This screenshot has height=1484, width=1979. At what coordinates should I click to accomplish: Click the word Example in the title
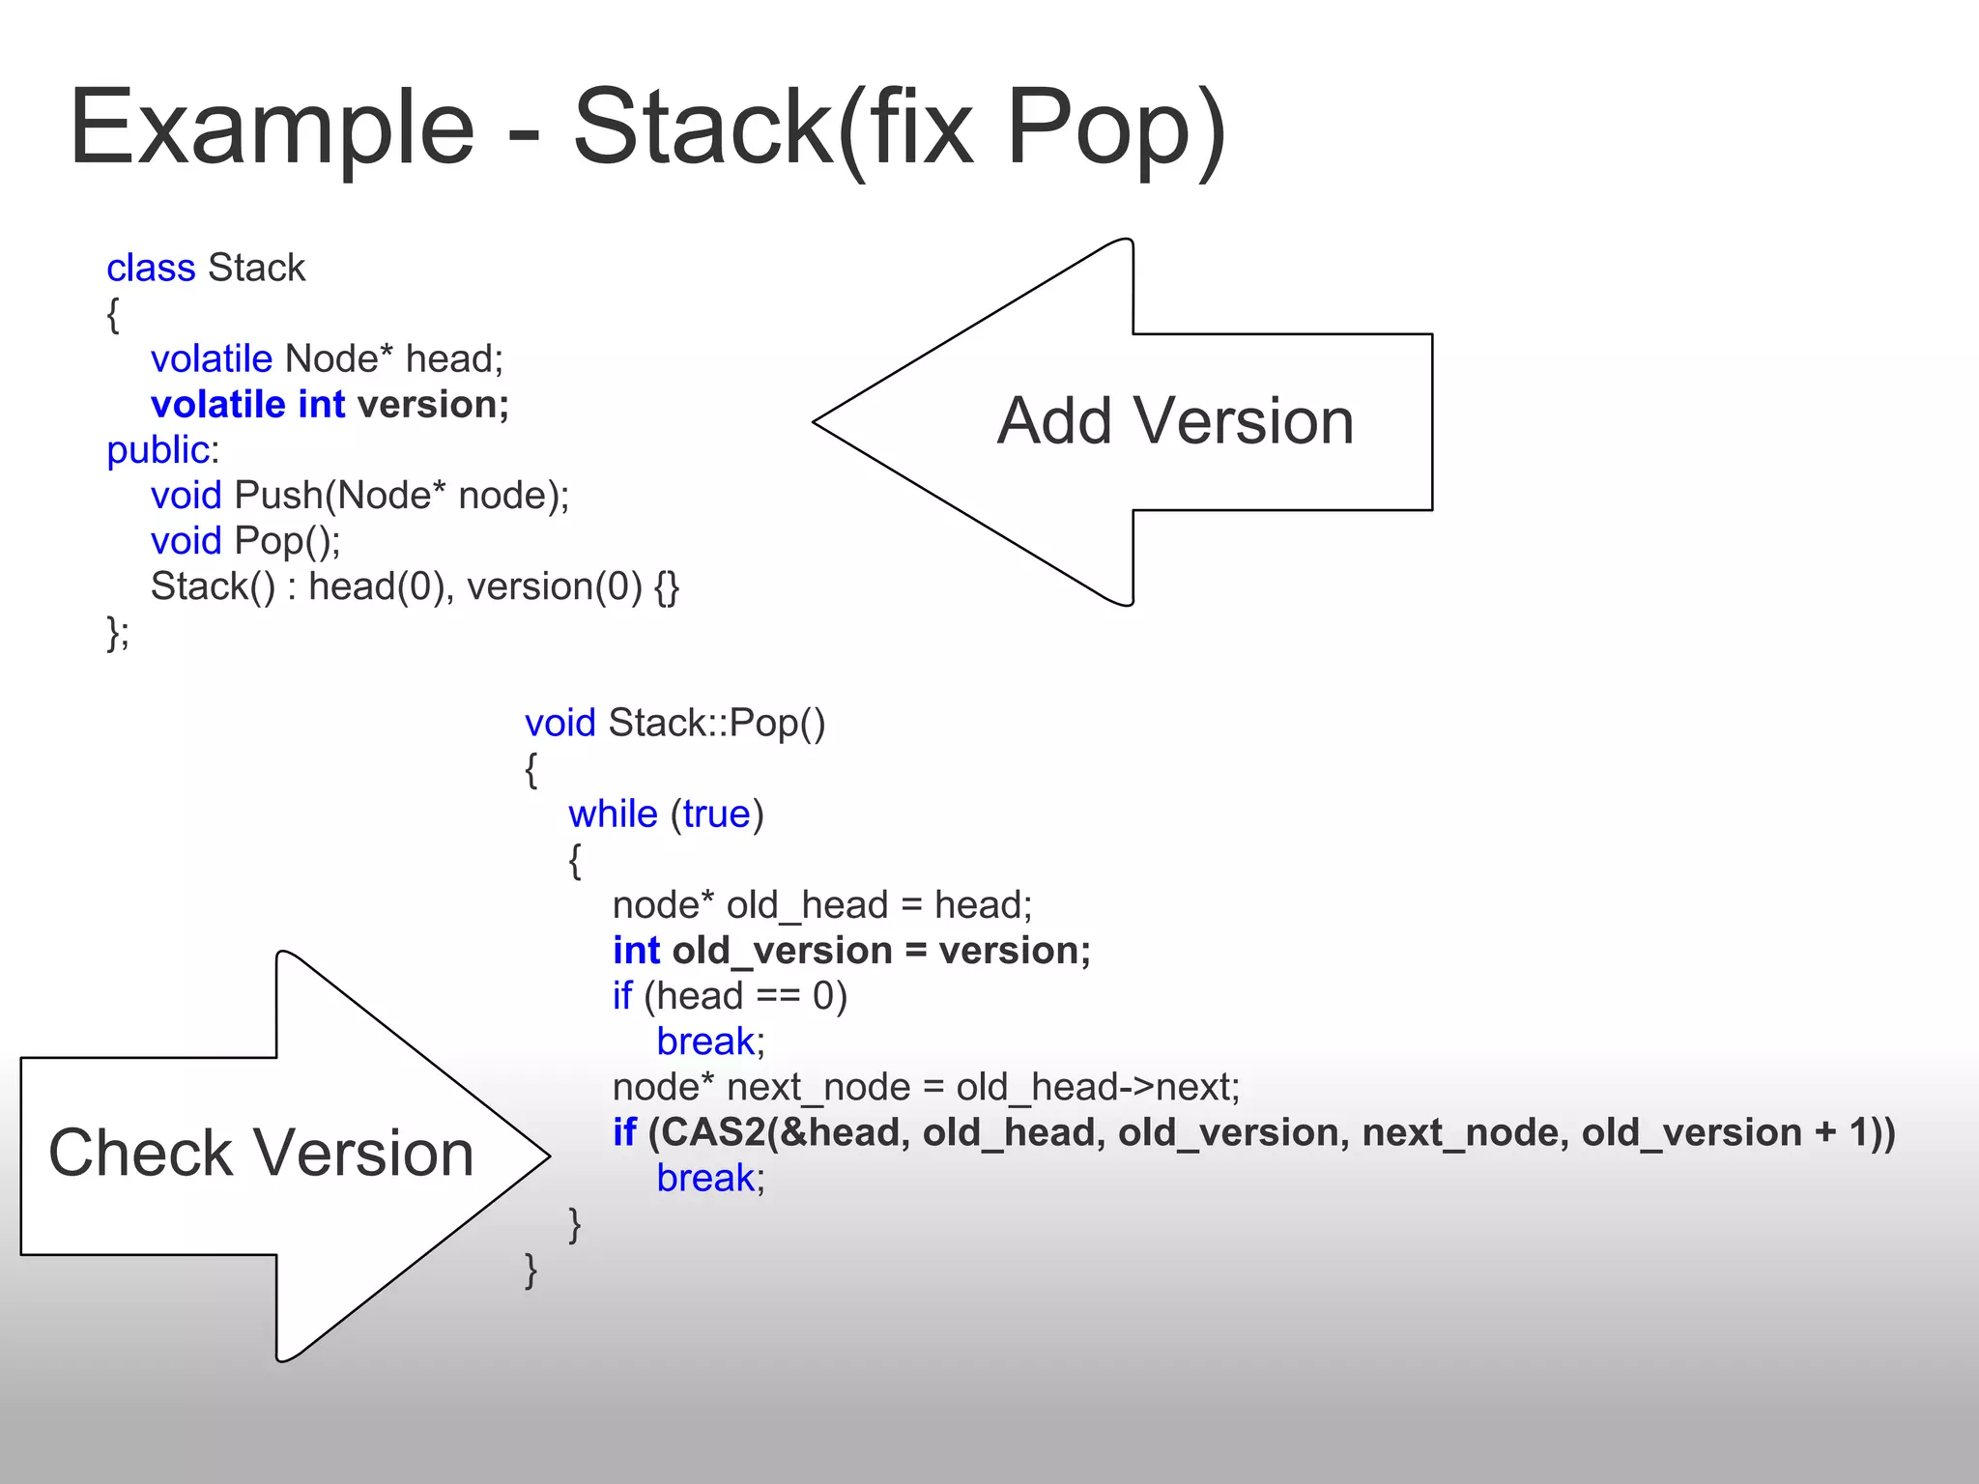[272, 128]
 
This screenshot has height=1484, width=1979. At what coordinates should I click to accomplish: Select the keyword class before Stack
[151, 268]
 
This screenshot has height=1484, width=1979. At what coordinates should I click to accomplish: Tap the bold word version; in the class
[433, 405]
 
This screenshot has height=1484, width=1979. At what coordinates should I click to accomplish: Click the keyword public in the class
[158, 450]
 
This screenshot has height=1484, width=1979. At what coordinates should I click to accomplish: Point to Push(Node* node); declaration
[402, 496]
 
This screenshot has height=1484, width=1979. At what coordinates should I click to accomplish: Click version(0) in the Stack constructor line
[554, 586]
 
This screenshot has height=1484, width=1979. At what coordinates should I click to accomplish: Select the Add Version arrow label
[1175, 421]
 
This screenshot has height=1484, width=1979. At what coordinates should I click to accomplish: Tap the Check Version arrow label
[261, 1153]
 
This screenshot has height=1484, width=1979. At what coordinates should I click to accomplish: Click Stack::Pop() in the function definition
[717, 723]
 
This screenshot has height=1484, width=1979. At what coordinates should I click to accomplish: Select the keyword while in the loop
[613, 814]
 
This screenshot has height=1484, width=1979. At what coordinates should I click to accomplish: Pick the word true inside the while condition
[716, 814]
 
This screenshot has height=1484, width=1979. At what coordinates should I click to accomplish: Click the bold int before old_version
[636, 951]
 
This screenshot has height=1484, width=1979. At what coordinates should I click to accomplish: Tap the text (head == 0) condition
[745, 996]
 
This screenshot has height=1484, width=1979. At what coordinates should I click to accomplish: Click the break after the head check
[705, 1042]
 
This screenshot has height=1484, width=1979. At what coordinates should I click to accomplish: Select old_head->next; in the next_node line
[1098, 1088]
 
